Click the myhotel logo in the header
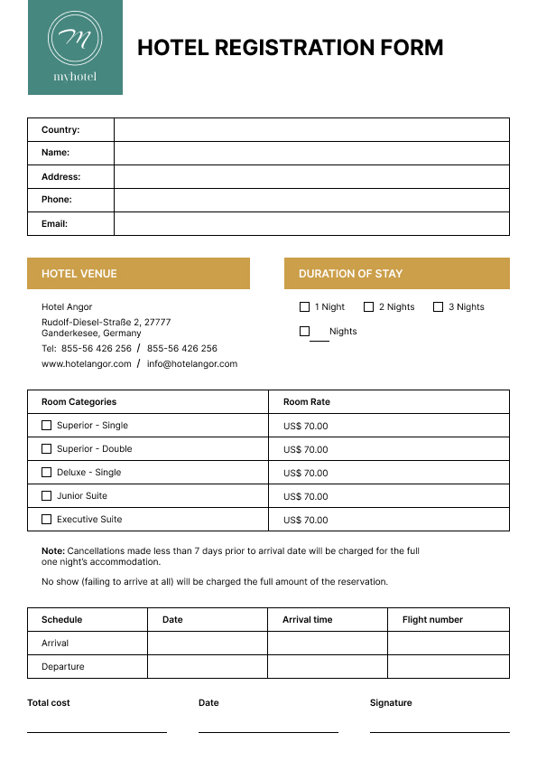[75, 47]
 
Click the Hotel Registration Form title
[290, 48]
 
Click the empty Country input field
[311, 130]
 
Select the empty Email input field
[311, 223]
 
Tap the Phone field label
[57, 200]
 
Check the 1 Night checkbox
[304, 307]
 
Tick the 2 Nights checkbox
[368, 307]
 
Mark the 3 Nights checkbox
[438, 307]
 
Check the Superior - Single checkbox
[47, 426]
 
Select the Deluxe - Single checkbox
[47, 473]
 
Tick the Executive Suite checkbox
[47, 520]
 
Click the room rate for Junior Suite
[306, 496]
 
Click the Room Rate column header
[307, 402]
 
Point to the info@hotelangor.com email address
[192, 364]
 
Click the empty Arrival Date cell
[208, 644]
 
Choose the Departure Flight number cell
[449, 667]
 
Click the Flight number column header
[432, 620]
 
